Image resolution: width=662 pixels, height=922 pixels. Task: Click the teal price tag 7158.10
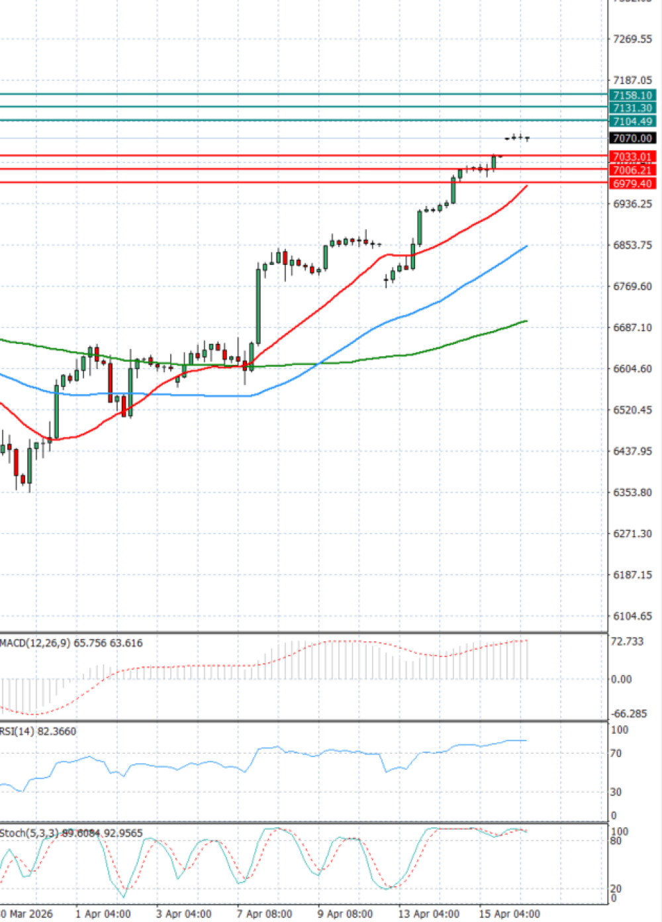[632, 95]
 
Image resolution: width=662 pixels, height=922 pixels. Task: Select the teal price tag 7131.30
[632, 108]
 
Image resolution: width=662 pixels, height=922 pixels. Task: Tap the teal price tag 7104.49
[632, 121]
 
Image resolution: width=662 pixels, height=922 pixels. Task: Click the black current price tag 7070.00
[632, 138]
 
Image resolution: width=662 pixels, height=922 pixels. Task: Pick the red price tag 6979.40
[632, 183]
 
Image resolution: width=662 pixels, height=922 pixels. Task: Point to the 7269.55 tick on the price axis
[632, 39]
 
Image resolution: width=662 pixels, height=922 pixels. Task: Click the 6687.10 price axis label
[632, 328]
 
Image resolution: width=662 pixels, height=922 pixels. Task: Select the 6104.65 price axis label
[632, 616]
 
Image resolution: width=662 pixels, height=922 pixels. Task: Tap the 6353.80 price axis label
[632, 493]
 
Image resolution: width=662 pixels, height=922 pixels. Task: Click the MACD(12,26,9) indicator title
[35, 643]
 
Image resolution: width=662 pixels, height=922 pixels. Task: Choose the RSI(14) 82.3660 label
[38, 731]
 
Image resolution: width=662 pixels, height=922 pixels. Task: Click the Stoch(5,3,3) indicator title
[29, 833]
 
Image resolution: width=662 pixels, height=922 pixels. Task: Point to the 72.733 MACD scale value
[627, 642]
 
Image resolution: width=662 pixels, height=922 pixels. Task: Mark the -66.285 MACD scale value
[629, 713]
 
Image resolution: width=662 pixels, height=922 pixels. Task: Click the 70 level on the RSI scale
[616, 753]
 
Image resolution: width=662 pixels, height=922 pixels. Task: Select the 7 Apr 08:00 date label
[265, 914]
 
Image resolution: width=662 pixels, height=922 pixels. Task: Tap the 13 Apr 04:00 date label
[428, 914]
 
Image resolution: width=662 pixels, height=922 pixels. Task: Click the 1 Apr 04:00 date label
[103, 914]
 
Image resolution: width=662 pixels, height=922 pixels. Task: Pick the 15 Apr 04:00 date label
[509, 914]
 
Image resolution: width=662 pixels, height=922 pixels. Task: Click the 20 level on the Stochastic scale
[616, 888]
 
